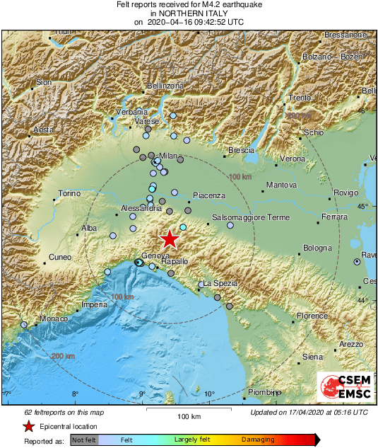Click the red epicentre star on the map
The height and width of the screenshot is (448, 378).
(x=170, y=239)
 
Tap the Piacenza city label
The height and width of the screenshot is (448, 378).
(x=209, y=195)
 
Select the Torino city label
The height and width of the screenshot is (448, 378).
(x=70, y=193)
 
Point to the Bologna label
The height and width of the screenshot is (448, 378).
(x=317, y=248)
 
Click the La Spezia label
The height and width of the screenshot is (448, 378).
(x=220, y=283)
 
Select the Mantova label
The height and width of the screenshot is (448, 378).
(x=280, y=185)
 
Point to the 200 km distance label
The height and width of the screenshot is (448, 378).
(x=62, y=356)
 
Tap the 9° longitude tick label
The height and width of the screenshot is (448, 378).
(x=141, y=394)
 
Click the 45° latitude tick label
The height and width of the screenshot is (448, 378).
(x=363, y=206)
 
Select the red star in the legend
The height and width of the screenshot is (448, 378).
(x=28, y=426)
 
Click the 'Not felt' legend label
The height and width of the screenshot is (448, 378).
(x=84, y=440)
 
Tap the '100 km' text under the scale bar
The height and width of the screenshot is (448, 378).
(x=189, y=415)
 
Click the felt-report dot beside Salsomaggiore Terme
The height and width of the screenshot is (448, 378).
(x=230, y=226)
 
